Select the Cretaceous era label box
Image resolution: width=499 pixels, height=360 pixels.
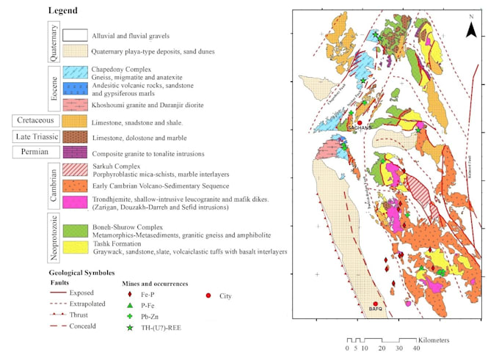click(34, 120)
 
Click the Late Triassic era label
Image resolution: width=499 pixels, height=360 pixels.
click(34, 136)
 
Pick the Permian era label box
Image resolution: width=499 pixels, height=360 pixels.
click(34, 153)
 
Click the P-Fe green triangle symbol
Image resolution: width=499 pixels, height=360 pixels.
click(129, 305)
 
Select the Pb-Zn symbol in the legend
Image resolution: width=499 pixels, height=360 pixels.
click(129, 316)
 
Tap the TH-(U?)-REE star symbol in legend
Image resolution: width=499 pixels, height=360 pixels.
click(129, 328)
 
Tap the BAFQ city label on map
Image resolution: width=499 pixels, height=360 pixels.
click(376, 309)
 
